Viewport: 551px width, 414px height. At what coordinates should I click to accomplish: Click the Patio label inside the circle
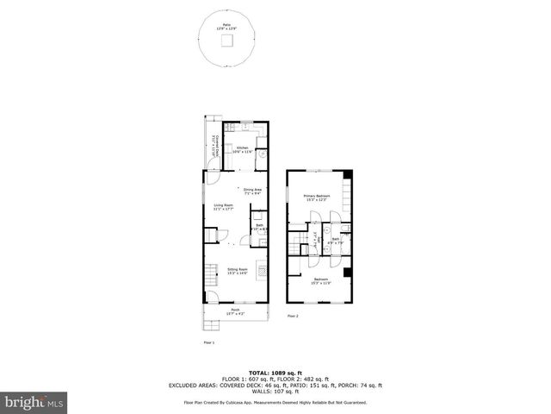tap(226, 26)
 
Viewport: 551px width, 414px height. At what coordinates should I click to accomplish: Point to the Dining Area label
tap(252, 191)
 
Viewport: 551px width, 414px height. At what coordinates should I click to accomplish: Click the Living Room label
tap(224, 206)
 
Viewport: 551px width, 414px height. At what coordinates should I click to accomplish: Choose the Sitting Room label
tap(237, 271)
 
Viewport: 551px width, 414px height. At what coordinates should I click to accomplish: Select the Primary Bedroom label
tap(317, 198)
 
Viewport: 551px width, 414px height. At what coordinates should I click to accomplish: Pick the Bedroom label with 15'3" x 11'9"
tap(319, 280)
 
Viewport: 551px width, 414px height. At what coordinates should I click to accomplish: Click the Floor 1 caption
tap(207, 342)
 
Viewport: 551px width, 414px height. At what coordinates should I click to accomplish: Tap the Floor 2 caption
tap(292, 317)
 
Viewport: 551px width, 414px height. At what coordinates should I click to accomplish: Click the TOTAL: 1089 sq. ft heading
tap(275, 372)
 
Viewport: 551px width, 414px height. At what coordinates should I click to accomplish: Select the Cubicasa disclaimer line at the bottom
tap(275, 402)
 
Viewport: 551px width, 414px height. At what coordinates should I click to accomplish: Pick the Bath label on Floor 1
tap(259, 226)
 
